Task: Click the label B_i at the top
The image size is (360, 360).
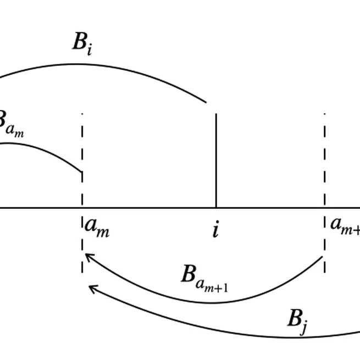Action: (82, 43)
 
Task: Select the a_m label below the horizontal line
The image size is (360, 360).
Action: (97, 228)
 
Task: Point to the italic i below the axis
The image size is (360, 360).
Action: (215, 229)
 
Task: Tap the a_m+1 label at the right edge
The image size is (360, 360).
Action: (345, 225)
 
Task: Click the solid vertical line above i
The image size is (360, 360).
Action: (216, 159)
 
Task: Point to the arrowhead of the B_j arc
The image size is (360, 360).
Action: (91, 287)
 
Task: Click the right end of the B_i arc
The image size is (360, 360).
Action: (206, 102)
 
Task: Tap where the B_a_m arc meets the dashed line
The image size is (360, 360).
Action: (82, 173)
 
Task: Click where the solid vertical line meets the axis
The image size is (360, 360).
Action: (216, 208)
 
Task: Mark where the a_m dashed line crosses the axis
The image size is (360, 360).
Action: (82, 208)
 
